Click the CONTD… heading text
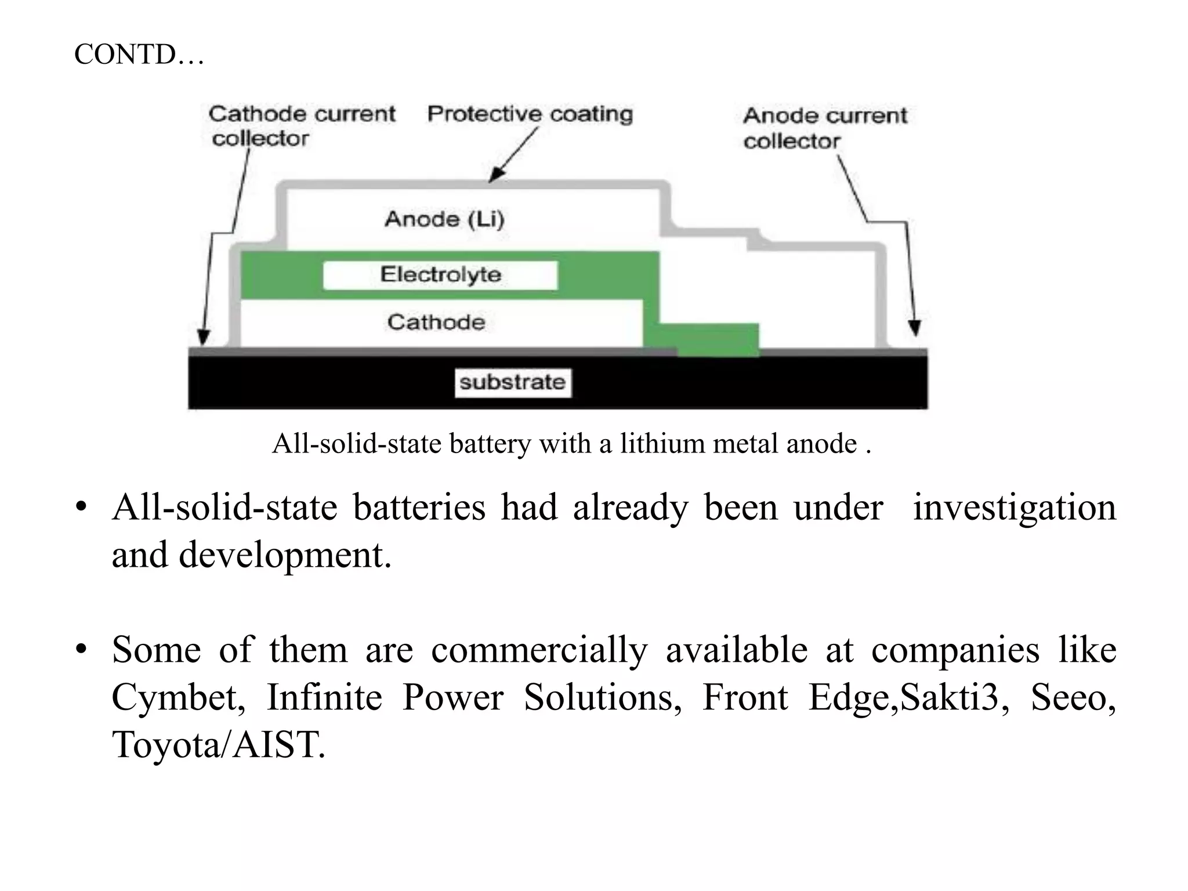coord(139,55)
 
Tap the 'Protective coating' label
coord(530,114)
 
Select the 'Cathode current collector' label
coord(302,125)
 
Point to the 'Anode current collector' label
coord(824,128)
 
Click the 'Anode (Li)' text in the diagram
coord(444,219)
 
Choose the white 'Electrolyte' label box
coord(440,274)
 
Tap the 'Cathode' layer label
coord(436,322)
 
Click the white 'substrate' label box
coord(513,382)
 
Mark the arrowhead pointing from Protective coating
coord(495,175)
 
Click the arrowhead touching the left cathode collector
coord(203,338)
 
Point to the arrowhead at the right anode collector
coord(915,328)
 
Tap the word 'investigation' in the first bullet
coord(1014,507)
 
